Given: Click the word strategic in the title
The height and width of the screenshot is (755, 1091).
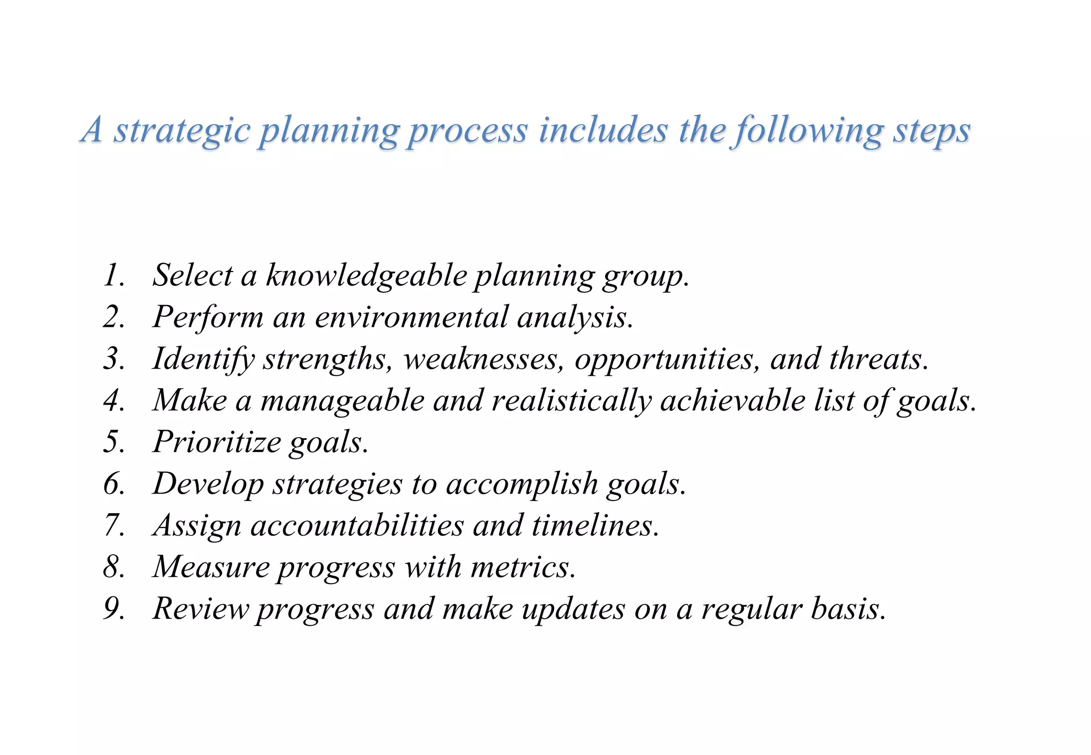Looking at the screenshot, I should [181, 130].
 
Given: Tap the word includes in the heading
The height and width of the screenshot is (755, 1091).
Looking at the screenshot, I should [602, 130].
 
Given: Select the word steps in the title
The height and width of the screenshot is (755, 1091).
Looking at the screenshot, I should [931, 130].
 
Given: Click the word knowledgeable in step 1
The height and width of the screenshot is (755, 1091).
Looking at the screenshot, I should [367, 276].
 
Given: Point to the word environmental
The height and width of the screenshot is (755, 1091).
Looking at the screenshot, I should [411, 317].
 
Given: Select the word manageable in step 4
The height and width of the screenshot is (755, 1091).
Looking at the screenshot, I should [342, 400].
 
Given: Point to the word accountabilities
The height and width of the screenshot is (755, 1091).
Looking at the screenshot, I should [357, 526].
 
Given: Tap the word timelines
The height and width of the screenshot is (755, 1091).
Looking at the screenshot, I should [595, 526].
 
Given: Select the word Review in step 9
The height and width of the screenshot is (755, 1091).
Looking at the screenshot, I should [200, 609].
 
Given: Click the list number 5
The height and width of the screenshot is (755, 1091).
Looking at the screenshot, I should [113, 442].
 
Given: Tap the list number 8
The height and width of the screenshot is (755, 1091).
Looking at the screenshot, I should [113, 567].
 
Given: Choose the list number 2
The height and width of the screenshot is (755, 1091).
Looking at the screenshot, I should [113, 317].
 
